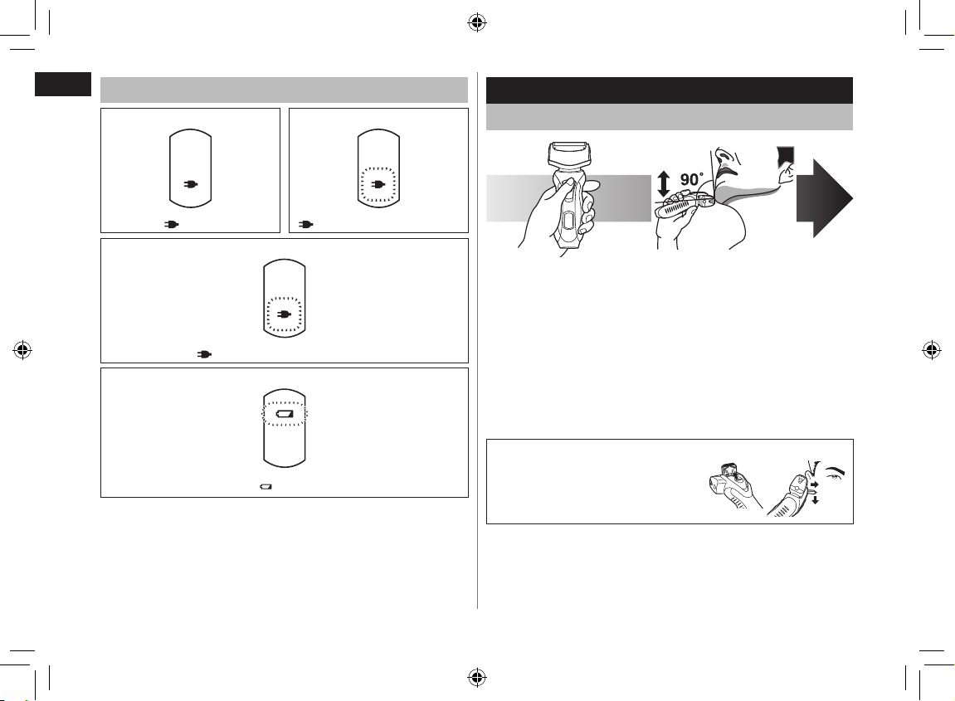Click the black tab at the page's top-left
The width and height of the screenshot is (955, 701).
(63, 84)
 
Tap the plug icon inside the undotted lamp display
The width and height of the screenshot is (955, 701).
(190, 184)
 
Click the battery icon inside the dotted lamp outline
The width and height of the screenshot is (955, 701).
(285, 413)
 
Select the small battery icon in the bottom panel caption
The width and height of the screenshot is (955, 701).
(266, 487)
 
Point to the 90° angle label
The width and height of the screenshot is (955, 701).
(692, 179)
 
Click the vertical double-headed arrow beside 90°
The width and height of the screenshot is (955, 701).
(664, 184)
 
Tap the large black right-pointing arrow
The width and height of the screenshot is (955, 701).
(825, 198)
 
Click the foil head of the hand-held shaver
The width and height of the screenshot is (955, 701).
(569, 155)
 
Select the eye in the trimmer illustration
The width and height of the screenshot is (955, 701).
(832, 480)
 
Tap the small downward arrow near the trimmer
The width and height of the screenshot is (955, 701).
(815, 499)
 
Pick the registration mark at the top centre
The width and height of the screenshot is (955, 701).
(477, 24)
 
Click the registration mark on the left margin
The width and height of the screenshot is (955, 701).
(23, 350)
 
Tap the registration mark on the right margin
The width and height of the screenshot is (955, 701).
(931, 350)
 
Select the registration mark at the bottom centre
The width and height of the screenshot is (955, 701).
(477, 677)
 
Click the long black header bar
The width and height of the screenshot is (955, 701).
(670, 90)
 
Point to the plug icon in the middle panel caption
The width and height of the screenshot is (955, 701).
(205, 354)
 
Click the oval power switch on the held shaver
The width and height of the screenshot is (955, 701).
(568, 220)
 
